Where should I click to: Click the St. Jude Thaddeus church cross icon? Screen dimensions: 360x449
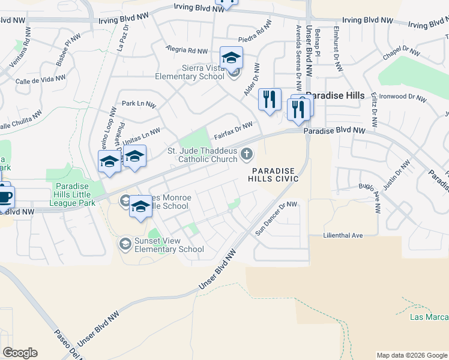(x=246, y=155)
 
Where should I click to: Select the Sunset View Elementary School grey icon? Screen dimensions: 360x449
(x=125, y=243)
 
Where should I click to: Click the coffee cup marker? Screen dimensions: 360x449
(x=5, y=197)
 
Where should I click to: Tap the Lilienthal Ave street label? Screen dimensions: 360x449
(x=343, y=235)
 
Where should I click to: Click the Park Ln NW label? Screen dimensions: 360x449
(x=138, y=104)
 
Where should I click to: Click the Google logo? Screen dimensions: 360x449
(x=20, y=353)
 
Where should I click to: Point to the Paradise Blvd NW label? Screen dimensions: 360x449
(x=334, y=130)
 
